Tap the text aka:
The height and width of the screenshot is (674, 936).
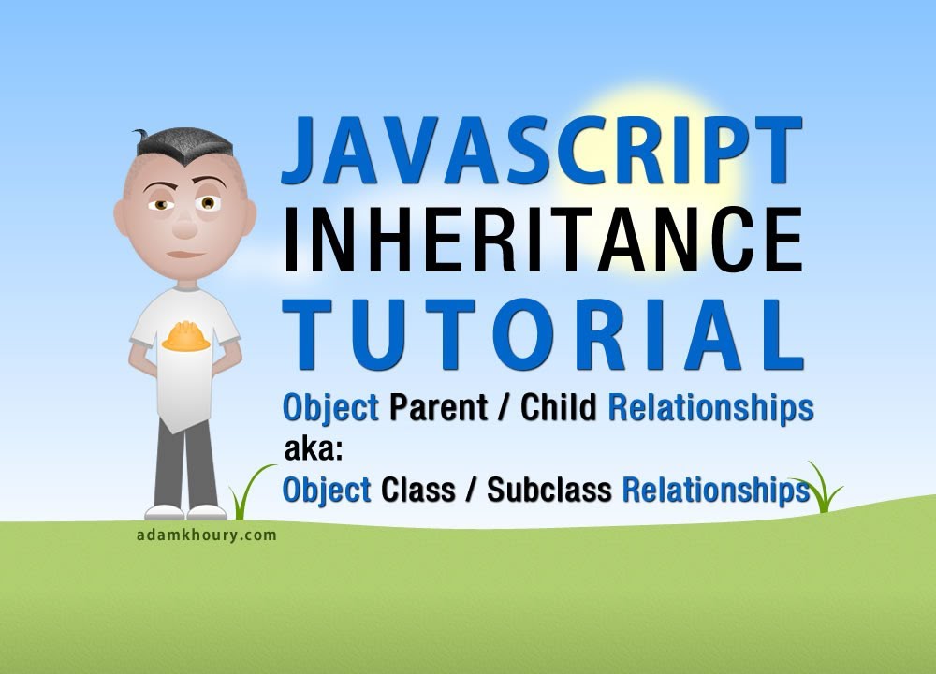click(x=315, y=450)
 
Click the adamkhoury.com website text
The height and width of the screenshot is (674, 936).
click(x=205, y=535)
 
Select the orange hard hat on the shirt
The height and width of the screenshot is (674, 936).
click(x=185, y=336)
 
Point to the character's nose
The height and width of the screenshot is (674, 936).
click(x=184, y=222)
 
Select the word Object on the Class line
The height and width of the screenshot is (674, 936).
click(x=327, y=490)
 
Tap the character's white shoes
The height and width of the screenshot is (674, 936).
click(x=185, y=512)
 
